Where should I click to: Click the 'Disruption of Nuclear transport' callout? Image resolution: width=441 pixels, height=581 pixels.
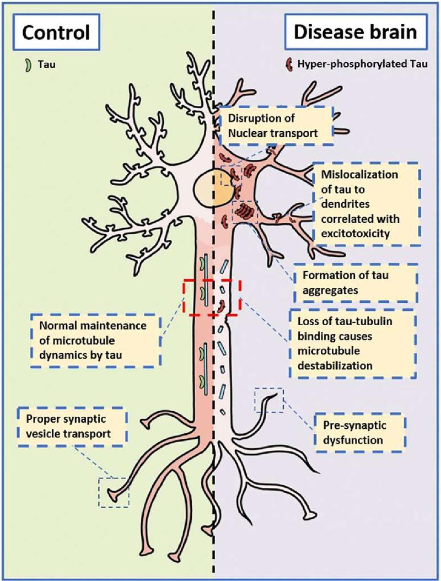(x=276, y=124)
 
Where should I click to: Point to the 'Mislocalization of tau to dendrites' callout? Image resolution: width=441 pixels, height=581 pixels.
(x=366, y=203)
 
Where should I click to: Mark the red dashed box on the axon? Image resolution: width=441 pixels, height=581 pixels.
(x=212, y=297)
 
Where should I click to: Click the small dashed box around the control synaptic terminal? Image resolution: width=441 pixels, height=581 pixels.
(x=114, y=492)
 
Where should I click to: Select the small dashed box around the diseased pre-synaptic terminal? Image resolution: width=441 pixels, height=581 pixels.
(x=268, y=400)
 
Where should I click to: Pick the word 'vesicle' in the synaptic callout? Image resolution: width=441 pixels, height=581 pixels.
(x=47, y=434)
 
